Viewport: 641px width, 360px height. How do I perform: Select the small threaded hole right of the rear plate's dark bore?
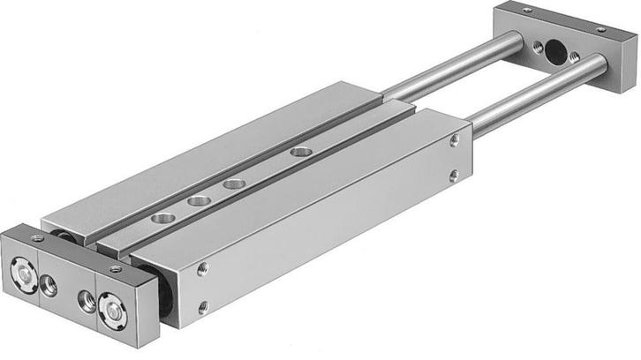click(575, 56)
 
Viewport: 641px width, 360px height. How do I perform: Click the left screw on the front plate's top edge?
click(37, 238)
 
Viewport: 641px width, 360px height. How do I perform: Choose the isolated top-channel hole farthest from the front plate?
click(298, 152)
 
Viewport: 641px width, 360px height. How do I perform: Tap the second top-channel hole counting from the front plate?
click(199, 200)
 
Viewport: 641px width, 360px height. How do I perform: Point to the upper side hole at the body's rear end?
click(454, 140)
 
